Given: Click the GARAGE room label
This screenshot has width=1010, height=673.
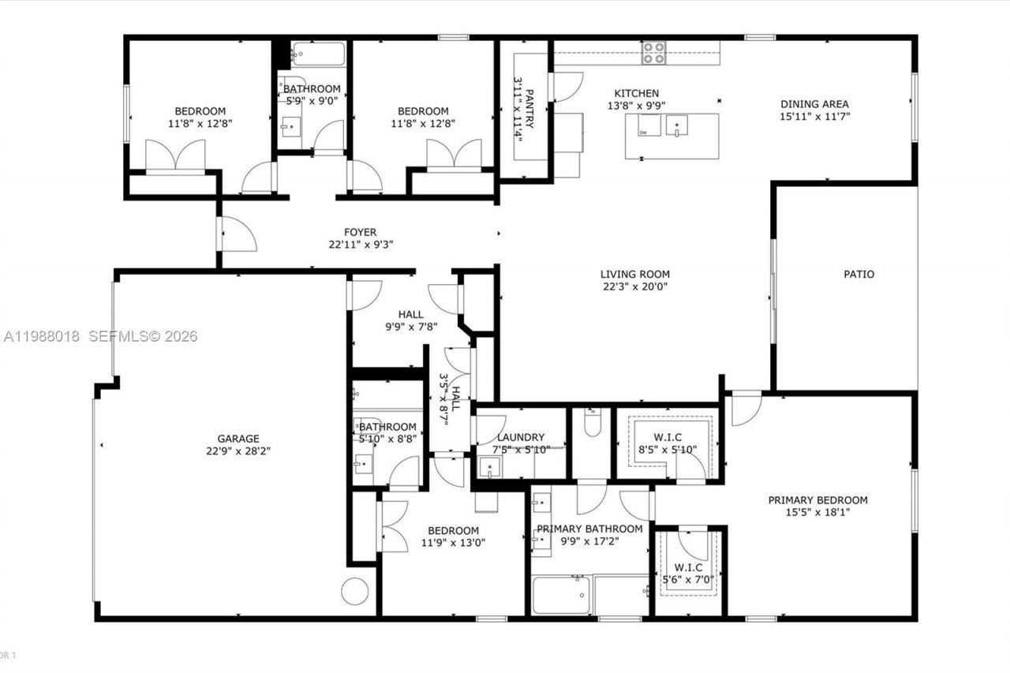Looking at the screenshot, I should point(238,439).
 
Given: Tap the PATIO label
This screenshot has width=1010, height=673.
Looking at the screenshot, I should point(858,275).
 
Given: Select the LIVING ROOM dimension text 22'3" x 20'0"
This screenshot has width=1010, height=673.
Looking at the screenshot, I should point(634,287).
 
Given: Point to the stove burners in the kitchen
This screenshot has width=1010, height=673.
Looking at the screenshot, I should point(653,53).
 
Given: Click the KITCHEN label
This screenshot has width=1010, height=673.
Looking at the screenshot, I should point(636,93).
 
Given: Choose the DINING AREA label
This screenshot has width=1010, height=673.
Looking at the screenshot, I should point(814,104).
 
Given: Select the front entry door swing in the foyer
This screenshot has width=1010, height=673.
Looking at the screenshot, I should point(238,234).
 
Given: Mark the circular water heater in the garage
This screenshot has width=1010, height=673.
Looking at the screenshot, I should point(355,591).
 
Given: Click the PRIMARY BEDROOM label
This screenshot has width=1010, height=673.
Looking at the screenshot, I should point(818,499).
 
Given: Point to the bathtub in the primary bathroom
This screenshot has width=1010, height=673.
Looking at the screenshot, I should point(560,595).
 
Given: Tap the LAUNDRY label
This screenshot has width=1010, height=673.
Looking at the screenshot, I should point(521,437).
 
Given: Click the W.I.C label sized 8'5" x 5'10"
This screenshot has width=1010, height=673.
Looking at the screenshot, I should point(667,437).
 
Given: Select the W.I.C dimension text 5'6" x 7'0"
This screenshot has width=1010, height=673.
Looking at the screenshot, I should point(688,580).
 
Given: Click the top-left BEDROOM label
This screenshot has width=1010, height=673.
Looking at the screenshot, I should point(200,111).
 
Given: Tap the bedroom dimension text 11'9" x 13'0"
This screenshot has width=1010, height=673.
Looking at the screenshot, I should point(453,543).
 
